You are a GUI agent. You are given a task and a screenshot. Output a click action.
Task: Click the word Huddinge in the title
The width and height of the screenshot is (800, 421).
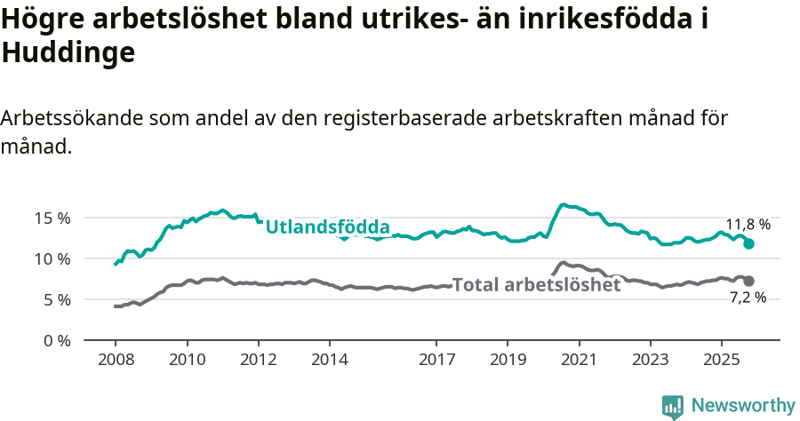68,53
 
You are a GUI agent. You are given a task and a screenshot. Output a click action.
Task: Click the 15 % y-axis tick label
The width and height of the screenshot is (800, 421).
52,218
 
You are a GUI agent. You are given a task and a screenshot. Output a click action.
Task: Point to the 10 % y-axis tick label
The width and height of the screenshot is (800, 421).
52,258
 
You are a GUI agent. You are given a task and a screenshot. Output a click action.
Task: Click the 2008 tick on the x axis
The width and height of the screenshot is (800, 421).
116,361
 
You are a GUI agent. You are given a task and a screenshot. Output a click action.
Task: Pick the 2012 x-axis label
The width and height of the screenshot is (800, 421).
259,361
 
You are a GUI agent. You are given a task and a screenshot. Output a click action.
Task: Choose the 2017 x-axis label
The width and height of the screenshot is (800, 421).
436,361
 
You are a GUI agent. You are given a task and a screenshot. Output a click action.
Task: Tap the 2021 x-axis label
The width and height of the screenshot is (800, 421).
580,361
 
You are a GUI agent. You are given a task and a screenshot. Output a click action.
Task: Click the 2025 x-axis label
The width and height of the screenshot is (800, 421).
721,361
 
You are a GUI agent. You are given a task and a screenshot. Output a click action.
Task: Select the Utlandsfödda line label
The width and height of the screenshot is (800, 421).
327,226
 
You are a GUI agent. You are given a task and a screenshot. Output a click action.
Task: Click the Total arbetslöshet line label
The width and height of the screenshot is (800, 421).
536,285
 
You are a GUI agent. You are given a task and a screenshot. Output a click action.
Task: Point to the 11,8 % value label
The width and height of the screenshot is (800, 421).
748,225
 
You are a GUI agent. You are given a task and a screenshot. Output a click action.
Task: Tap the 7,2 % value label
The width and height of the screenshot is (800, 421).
748,298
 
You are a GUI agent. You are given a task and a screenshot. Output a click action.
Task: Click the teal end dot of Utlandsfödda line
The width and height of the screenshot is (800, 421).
748,243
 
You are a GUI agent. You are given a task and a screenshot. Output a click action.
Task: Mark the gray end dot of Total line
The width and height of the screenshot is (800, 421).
748,281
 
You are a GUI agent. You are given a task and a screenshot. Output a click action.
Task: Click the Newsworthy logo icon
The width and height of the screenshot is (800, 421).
673,406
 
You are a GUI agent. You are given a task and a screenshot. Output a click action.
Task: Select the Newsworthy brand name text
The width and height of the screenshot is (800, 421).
742,406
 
